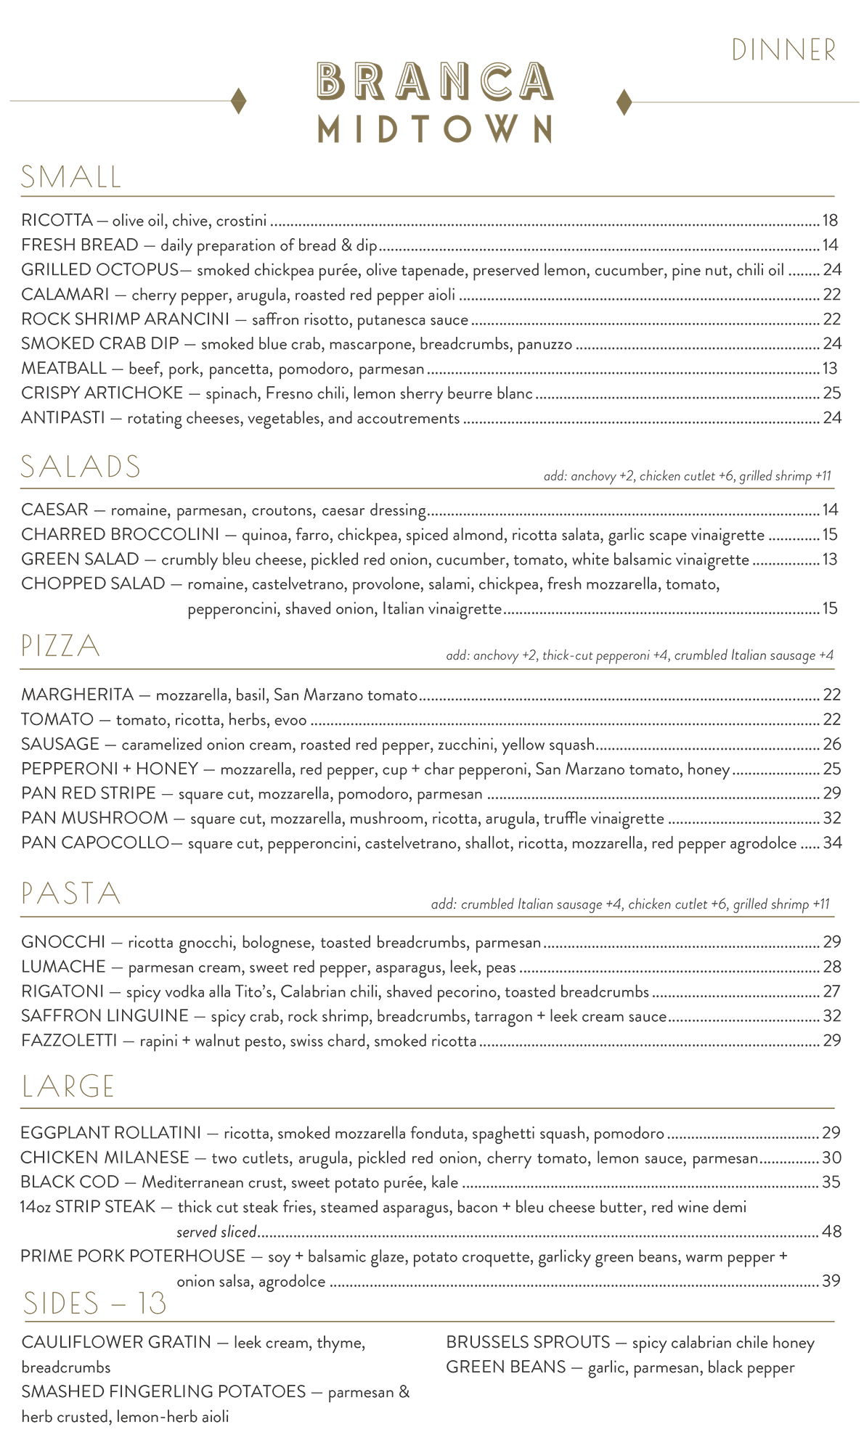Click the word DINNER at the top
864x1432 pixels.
783,51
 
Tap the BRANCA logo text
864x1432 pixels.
435,81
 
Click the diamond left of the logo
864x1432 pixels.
238,101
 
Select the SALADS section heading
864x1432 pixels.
81,467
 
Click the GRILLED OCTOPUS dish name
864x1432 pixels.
99,270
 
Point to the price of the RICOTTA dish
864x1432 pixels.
830,221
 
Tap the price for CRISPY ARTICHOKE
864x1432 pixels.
831,393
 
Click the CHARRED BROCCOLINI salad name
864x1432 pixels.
120,535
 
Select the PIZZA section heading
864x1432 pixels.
60,646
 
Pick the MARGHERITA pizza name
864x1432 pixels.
78,695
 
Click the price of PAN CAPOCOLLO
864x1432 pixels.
832,843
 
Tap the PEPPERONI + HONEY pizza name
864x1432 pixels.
110,769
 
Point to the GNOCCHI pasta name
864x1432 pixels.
63,942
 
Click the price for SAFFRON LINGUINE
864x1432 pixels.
831,1016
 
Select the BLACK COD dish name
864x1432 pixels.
70,1182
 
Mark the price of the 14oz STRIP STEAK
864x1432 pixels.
831,1232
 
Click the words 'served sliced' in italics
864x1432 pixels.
216,1232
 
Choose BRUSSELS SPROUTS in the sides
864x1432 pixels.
528,1343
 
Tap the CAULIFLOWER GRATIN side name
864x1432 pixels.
116,1343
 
